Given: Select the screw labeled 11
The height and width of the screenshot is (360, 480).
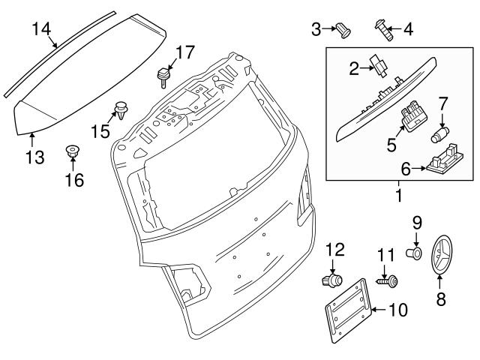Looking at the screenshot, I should (388, 283).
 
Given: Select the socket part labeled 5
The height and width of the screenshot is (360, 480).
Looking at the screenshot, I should (409, 115).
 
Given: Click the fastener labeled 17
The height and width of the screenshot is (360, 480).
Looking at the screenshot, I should (160, 76).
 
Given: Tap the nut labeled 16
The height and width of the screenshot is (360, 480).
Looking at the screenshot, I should (73, 151).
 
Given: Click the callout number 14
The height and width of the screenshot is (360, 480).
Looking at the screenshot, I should (41, 29).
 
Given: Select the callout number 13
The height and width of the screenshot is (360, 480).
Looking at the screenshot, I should (33, 158).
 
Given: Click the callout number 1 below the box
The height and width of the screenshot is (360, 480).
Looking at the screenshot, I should (398, 196).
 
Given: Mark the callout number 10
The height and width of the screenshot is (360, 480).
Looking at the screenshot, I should (397, 309).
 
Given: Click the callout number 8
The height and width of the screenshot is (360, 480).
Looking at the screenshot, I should (441, 299).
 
